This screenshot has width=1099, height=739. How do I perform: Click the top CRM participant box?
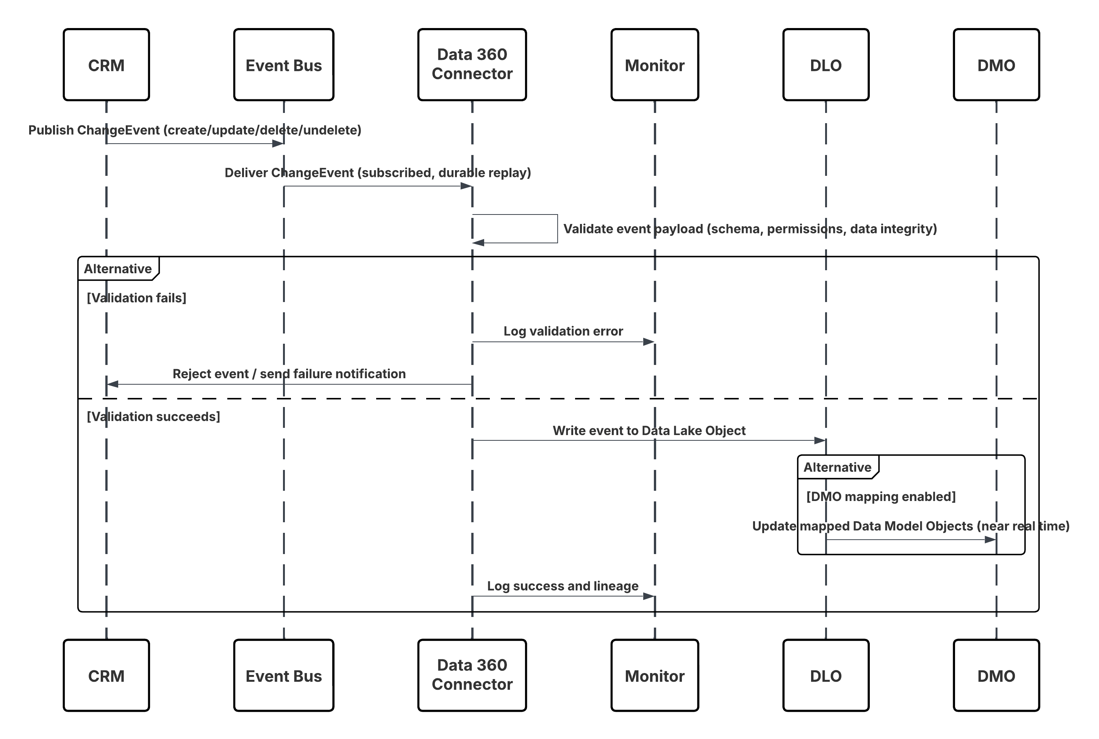106,65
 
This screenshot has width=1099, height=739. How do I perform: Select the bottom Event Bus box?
284,675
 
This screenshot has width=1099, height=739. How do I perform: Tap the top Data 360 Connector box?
472,64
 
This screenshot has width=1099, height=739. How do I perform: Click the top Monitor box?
654,65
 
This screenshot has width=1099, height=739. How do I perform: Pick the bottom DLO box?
825,675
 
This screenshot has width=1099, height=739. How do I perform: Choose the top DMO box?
996,65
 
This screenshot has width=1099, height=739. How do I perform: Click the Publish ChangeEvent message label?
195,130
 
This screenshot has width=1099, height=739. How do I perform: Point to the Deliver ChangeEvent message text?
377,173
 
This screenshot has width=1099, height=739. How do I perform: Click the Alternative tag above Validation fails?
118,269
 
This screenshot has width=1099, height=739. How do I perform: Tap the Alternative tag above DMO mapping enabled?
837,467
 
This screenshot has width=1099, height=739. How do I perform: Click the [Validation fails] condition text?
137,298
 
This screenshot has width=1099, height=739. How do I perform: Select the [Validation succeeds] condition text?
153,416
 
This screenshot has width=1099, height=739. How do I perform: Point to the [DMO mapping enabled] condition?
881,497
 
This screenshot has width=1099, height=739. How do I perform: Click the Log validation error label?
563,331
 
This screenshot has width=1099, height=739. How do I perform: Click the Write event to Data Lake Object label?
649,431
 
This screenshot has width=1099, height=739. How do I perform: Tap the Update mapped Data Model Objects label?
910,526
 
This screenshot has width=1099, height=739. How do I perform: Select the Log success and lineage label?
563,586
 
